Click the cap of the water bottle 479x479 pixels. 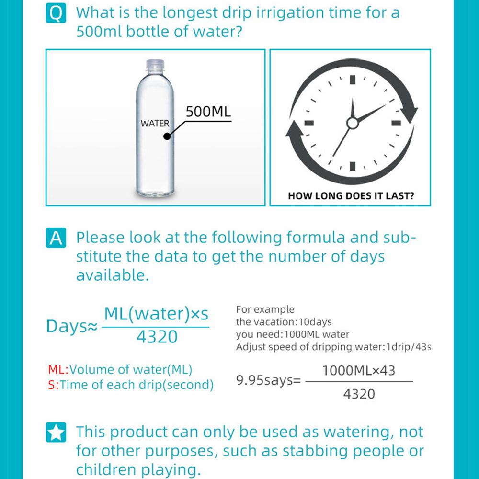coord(155,63)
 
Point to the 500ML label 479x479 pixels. coord(208,112)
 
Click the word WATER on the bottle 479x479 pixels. coord(155,124)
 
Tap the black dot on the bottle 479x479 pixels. coord(167,137)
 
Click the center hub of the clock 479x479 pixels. coord(353,124)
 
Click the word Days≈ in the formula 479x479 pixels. coord(72,327)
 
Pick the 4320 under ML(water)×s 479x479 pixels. coord(157,337)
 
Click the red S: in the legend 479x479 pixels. coord(53,385)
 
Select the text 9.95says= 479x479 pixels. coord(268,381)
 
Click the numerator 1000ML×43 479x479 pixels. coord(359,370)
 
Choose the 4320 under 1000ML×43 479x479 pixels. coord(359,394)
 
